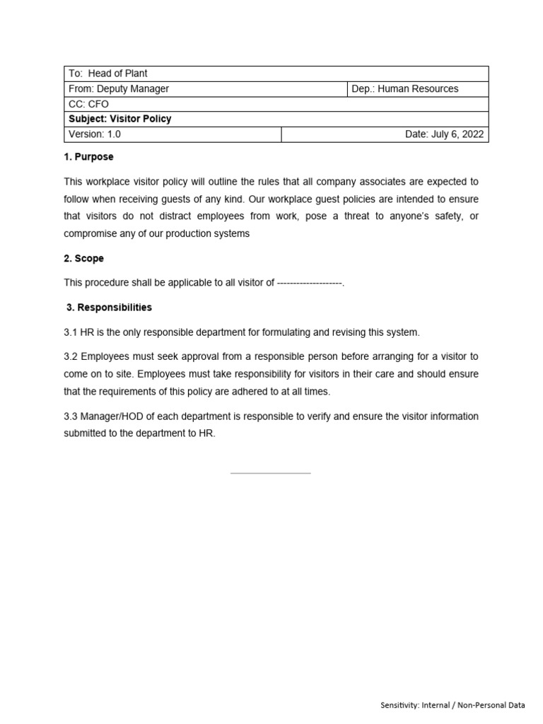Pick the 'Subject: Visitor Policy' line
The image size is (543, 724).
coord(120,119)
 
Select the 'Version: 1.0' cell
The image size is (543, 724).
coord(95,134)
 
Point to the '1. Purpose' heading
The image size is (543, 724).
coord(88,157)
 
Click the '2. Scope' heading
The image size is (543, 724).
coord(83,259)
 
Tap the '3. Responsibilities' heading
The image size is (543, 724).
coord(109,308)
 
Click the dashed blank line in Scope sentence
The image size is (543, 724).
coord(309,283)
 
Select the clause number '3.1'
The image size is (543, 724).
coord(71,332)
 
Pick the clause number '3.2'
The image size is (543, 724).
coord(71,356)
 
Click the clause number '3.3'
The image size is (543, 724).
coord(71,416)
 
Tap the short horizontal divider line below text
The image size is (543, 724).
coord(271,473)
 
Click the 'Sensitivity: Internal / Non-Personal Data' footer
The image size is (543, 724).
coord(452,705)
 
